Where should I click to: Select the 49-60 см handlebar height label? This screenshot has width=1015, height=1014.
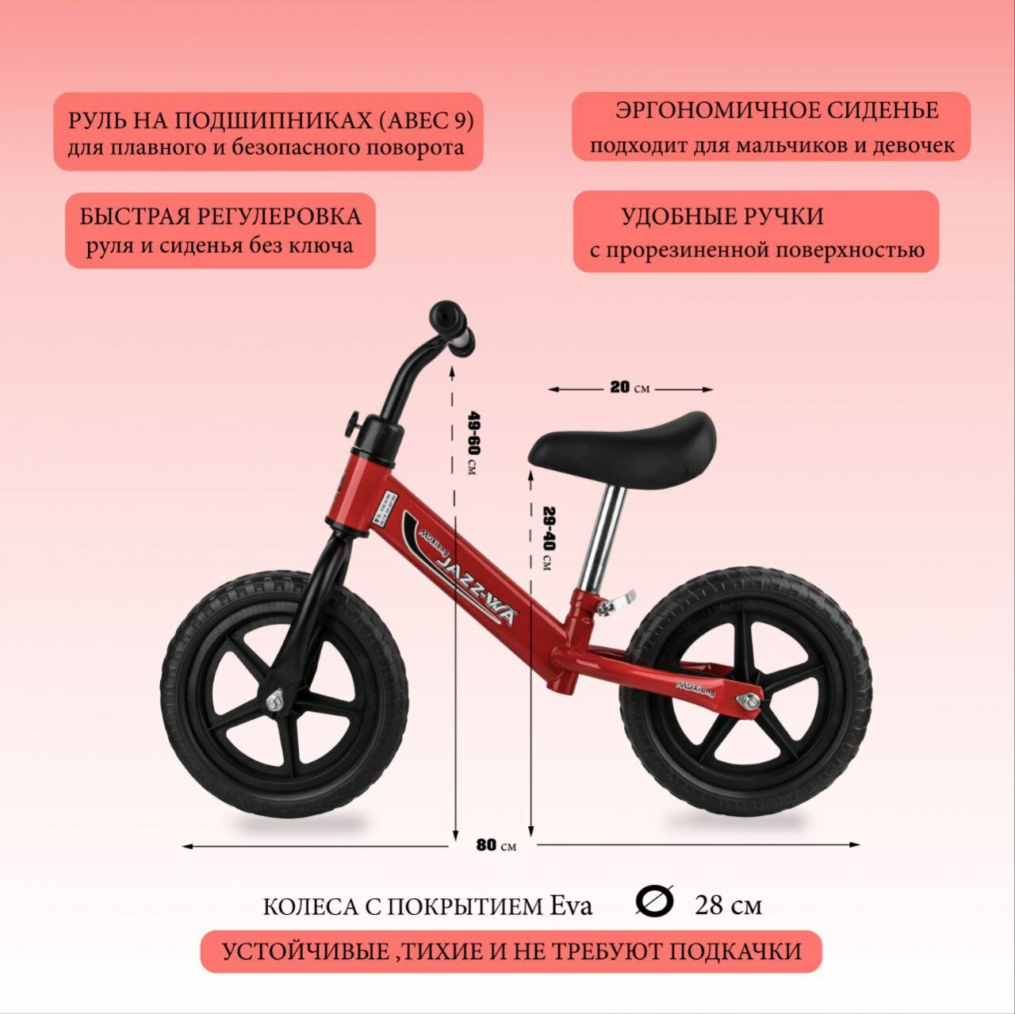[x=473, y=443]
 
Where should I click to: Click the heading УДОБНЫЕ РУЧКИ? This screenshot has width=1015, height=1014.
[x=722, y=216]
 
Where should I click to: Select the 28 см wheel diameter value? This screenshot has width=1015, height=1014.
[x=728, y=905]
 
